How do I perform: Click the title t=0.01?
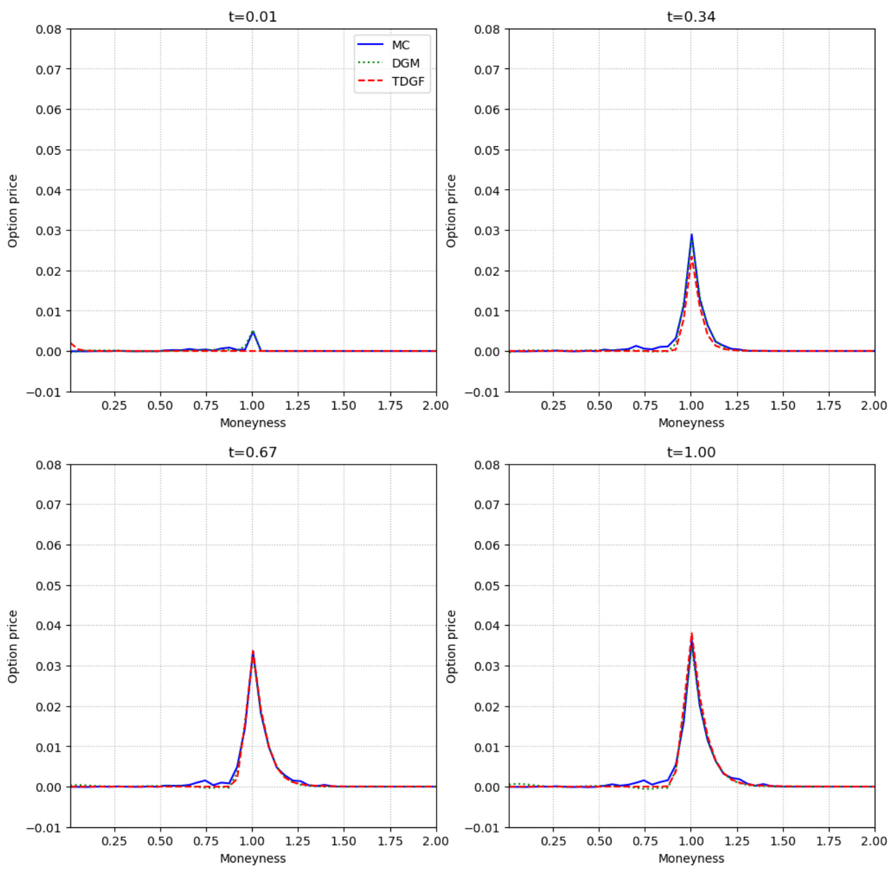pos(253,16)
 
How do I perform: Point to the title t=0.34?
pos(691,16)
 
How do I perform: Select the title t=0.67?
pos(253,452)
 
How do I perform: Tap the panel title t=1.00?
pos(691,452)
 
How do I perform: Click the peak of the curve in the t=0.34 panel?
pos(691,235)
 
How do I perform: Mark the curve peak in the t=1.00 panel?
pos(691,634)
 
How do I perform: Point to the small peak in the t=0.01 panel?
pos(253,332)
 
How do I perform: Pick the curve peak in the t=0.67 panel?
pos(253,651)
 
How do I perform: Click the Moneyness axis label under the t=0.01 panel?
pos(253,423)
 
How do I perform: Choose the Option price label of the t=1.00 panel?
pos(451,647)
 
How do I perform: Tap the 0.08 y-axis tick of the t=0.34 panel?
pos(487,29)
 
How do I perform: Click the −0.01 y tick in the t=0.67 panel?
pos(44,828)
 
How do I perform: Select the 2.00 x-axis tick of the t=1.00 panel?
pos(874,841)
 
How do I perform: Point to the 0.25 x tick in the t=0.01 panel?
pos(114,405)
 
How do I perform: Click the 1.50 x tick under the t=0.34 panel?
pos(783,405)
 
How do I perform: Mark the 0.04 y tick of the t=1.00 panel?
pos(487,626)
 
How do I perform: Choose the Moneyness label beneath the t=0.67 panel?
pos(253,859)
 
